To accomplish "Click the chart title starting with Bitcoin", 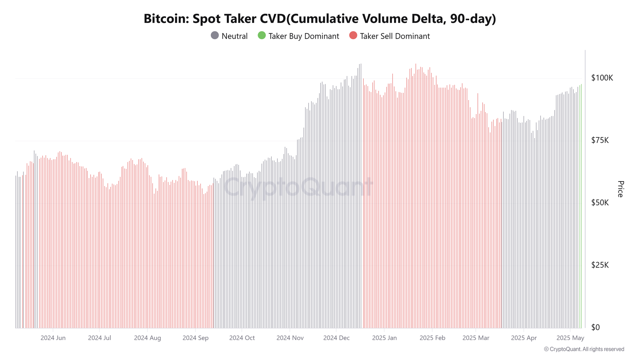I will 320,19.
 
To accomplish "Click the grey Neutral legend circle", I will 215,36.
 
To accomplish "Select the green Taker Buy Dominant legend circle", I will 262,36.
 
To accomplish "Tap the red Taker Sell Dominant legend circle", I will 353,36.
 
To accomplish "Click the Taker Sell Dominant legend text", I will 395,36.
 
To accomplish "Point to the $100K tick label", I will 602,78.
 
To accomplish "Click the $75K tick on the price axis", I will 600,140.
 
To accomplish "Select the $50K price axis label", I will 600,203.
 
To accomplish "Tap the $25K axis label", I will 600,265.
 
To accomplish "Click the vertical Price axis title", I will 620,189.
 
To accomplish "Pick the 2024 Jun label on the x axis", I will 53,338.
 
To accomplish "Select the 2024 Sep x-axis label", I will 195,338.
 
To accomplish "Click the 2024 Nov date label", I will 290,338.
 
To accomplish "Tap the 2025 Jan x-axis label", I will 384,338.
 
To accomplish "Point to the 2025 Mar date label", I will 476,338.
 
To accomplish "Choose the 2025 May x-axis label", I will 570,338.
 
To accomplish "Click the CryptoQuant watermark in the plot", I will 298,187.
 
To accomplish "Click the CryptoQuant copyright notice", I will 584,349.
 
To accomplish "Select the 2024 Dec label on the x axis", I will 336,338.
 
